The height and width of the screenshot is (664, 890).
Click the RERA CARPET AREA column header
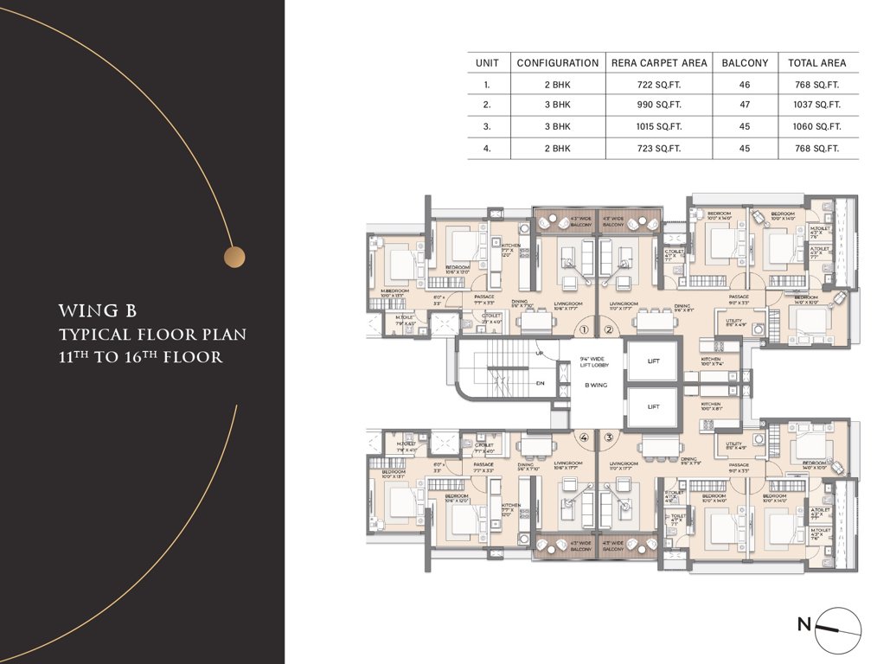[659, 63]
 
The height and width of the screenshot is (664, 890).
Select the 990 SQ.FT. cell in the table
[659, 105]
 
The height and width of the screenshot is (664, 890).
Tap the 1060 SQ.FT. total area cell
[816, 126]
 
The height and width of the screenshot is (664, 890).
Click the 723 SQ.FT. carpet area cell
[659, 148]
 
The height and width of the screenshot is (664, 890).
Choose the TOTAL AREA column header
[816, 63]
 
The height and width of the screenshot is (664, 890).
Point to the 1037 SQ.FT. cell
[816, 105]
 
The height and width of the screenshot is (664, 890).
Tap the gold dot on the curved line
[234, 257]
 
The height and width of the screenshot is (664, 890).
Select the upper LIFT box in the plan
[653, 361]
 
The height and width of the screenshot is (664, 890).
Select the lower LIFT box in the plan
[653, 406]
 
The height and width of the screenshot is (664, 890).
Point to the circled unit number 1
[584, 330]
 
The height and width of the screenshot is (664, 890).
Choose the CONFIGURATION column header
[557, 63]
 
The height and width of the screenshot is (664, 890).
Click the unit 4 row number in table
[487, 148]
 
